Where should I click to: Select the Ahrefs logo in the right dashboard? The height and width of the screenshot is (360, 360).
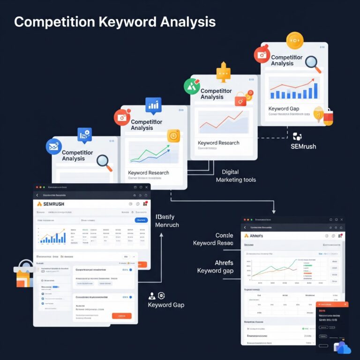point(253,236)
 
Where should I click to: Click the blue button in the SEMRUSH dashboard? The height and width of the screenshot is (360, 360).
point(141,220)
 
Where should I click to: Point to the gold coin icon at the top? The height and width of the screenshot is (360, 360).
point(295,41)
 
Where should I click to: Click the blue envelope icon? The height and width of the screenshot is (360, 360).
point(53,147)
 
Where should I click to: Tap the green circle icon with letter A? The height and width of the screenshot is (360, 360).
point(192,86)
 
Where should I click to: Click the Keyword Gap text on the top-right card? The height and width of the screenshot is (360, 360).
point(284,109)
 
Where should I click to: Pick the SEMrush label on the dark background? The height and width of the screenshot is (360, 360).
point(303,146)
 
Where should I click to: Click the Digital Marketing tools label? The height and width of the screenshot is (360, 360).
point(235,176)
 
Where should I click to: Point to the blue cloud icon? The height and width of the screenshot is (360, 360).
point(343,347)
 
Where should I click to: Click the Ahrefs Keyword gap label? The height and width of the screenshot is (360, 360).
point(215,267)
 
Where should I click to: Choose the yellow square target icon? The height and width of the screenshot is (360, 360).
point(174,135)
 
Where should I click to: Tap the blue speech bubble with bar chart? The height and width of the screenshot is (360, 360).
point(153,105)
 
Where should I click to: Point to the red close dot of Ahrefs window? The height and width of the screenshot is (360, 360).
point(245,219)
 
